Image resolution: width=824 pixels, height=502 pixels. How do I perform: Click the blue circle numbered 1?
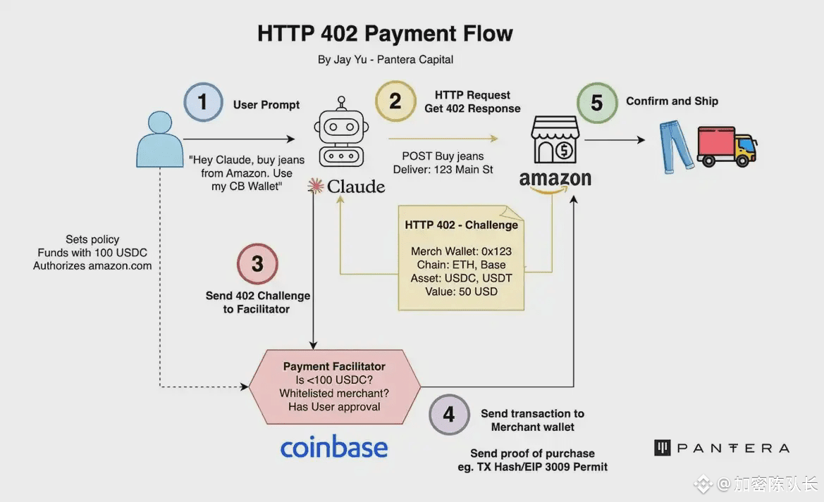point(203,102)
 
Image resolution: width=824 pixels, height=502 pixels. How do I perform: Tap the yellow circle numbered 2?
point(395,101)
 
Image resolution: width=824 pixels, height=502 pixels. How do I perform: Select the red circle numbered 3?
point(257,264)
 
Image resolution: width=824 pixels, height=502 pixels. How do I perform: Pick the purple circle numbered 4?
point(449,415)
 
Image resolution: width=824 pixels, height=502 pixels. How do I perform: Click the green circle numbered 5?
point(597,103)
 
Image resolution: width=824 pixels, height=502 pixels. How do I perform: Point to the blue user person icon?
point(159,139)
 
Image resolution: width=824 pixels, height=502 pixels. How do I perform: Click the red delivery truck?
point(726,146)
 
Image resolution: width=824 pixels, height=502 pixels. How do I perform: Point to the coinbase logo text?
point(334,447)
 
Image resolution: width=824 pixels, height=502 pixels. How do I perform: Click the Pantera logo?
point(721,448)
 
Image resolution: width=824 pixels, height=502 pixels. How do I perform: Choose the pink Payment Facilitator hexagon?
point(334,387)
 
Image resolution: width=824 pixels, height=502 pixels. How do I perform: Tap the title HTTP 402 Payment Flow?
point(385,34)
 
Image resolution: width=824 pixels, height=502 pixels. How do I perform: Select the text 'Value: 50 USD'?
point(461,291)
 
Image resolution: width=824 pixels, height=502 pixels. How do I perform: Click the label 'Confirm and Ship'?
point(672,101)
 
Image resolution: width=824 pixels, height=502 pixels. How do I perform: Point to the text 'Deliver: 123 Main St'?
point(443,169)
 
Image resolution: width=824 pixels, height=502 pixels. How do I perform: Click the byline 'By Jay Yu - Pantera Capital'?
point(385,60)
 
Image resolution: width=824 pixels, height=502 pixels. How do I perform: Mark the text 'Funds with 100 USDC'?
point(92,253)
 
